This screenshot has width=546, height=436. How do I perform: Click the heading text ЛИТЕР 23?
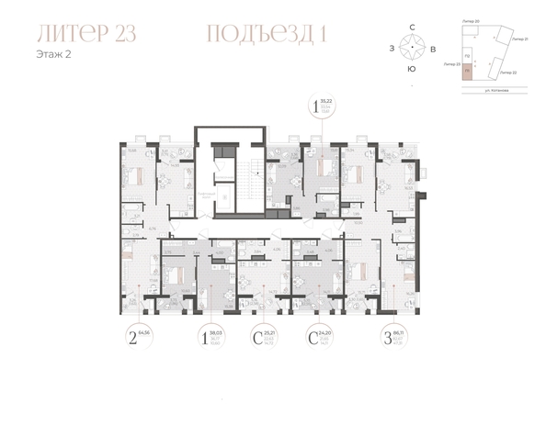point(87,35)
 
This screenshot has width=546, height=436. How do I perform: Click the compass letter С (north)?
point(411,28)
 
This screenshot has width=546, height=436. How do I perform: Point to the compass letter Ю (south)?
point(411,68)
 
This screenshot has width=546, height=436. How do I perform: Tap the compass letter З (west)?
point(392,48)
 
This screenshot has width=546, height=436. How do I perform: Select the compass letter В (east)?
point(431,48)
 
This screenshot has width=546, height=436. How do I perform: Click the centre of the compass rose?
point(411,48)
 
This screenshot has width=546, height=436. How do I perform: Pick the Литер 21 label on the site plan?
point(519,40)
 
